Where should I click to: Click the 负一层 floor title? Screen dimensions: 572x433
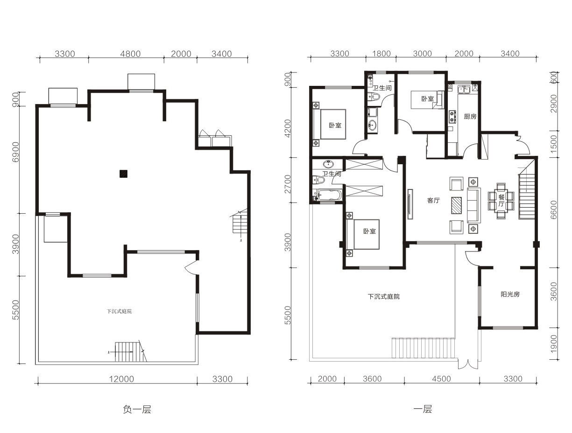click(x=137, y=410)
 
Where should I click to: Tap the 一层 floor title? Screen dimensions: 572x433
click(x=423, y=409)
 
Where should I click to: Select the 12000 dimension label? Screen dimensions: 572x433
click(x=121, y=379)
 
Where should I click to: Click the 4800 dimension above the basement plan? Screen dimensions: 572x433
click(x=130, y=54)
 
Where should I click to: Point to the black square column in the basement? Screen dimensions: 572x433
click(x=123, y=174)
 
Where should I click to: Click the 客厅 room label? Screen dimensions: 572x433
click(x=433, y=200)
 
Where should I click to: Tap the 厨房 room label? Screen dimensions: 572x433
click(x=470, y=116)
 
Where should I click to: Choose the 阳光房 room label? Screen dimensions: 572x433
click(x=510, y=294)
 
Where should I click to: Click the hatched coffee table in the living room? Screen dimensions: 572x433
click(x=456, y=205)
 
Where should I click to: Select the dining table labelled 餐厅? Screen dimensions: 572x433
click(x=501, y=201)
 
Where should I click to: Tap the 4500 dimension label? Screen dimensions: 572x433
click(x=441, y=379)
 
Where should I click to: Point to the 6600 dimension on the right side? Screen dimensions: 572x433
click(x=553, y=210)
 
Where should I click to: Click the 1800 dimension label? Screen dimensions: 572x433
click(x=381, y=54)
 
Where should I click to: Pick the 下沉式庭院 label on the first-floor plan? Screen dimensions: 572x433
click(x=384, y=297)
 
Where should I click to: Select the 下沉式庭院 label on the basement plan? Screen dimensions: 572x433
click(x=119, y=311)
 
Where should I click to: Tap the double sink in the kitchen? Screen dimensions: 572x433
click(x=464, y=89)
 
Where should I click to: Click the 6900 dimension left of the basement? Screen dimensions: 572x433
click(x=16, y=152)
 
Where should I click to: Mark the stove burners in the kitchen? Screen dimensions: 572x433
click(x=452, y=117)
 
